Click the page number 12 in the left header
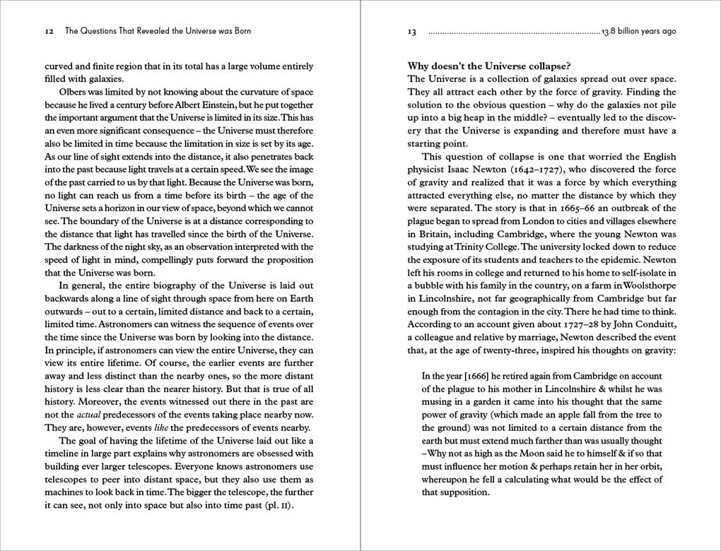49,31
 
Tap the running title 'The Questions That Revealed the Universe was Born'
158,31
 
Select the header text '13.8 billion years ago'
639,31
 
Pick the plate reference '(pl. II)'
277,505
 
